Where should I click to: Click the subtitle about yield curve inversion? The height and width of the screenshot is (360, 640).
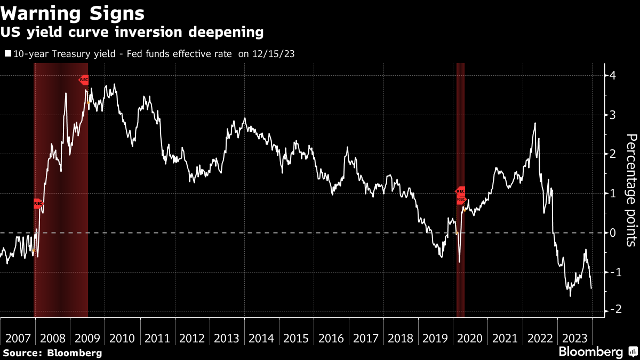(x=132, y=32)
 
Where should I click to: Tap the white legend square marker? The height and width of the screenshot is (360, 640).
(x=7, y=54)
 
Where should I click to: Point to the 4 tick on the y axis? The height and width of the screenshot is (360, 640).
(x=613, y=76)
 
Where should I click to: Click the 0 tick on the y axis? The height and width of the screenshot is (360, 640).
(x=613, y=233)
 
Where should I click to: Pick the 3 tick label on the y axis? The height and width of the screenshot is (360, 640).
(x=613, y=115)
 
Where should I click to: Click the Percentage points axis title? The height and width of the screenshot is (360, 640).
(x=631, y=191)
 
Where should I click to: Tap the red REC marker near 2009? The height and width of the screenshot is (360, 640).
(x=84, y=80)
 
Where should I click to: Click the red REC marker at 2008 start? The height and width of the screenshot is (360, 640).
(x=38, y=203)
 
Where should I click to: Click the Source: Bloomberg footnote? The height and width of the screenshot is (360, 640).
(x=52, y=353)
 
